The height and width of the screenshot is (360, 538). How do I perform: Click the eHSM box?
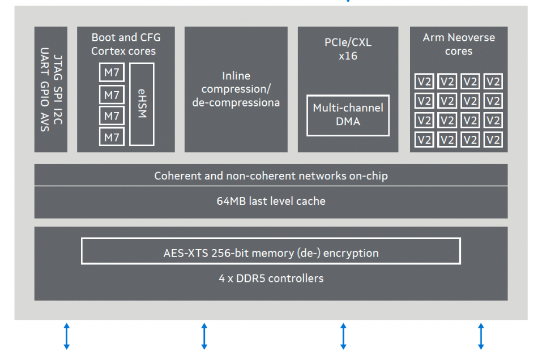(x=142, y=104)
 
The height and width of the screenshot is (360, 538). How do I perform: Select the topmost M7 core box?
(x=112, y=72)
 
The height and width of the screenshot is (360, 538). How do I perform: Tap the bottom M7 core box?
(x=112, y=137)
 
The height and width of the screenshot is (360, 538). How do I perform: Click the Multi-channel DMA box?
(x=348, y=115)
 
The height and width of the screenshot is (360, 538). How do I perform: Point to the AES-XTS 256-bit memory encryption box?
(x=271, y=251)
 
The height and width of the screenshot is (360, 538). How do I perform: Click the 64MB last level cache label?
(x=271, y=201)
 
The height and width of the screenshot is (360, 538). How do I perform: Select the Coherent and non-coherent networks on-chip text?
(x=271, y=175)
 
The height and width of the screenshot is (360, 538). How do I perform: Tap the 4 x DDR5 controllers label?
(x=271, y=278)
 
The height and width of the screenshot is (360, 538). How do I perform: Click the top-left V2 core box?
(x=424, y=82)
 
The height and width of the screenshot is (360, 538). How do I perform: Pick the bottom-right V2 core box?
(x=493, y=140)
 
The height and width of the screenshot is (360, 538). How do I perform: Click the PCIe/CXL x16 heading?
(x=348, y=49)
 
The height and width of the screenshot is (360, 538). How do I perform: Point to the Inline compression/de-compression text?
(x=236, y=89)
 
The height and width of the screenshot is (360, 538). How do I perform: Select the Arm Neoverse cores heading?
(x=459, y=44)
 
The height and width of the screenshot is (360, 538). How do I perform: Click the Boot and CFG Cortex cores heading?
(x=126, y=44)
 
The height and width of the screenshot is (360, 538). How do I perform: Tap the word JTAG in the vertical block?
(x=58, y=67)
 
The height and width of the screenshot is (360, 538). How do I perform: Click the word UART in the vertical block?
(x=45, y=61)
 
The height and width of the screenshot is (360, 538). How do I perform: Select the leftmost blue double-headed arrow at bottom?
(x=67, y=336)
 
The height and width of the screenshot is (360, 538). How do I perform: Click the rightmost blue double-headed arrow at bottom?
(x=481, y=336)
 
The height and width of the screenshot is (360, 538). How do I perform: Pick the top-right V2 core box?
(x=493, y=82)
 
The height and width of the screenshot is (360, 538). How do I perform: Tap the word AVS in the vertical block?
(x=45, y=122)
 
